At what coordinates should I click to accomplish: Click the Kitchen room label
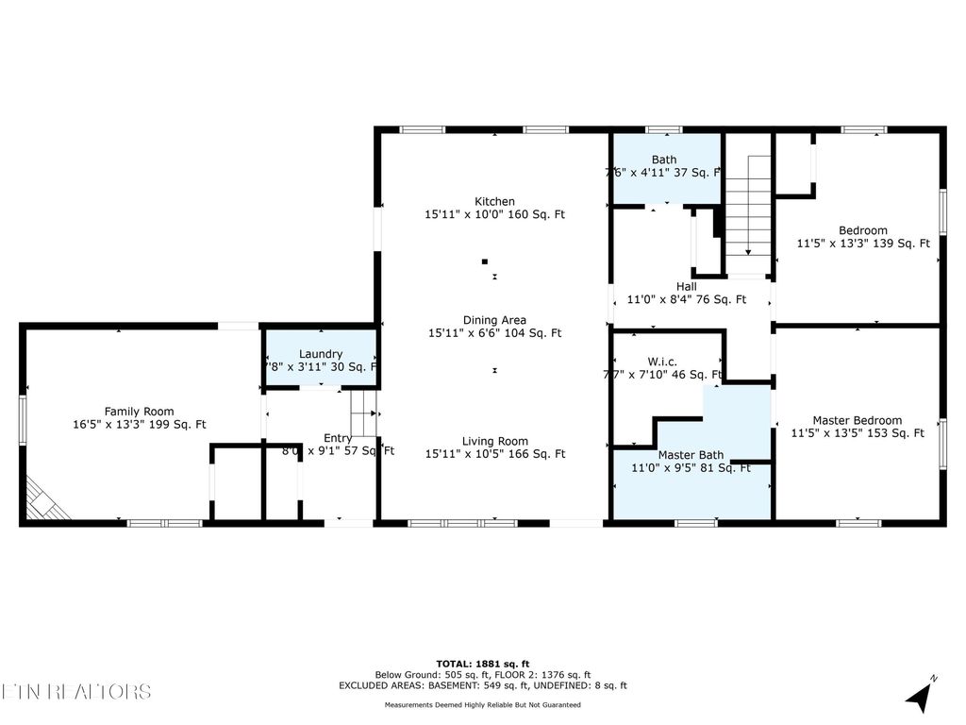(494, 201)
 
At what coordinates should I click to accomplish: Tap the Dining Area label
(494, 320)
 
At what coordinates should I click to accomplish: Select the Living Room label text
(494, 441)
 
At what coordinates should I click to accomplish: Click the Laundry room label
(322, 354)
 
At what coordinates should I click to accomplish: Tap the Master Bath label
(691, 454)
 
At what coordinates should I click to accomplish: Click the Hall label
(686, 286)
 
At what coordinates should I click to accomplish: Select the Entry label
(338, 438)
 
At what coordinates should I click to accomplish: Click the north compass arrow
(921, 695)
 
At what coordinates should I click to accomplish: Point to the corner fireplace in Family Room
(45, 499)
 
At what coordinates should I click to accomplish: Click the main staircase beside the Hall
(749, 208)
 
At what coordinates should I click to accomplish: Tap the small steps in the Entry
(363, 413)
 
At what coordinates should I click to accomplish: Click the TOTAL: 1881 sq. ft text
(482, 663)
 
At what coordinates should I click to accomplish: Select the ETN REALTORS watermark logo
(75, 691)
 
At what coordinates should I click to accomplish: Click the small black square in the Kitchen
(485, 261)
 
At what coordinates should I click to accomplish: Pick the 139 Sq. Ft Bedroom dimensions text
(862, 244)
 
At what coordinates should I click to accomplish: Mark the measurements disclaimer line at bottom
(482, 704)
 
